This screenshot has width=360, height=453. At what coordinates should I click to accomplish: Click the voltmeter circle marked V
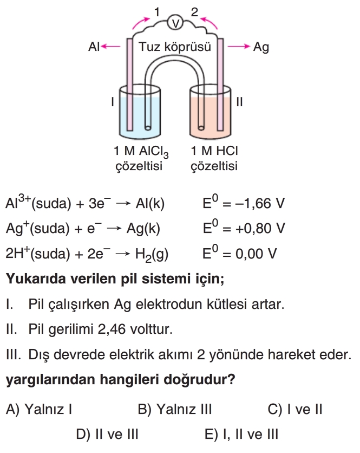coord(174,22)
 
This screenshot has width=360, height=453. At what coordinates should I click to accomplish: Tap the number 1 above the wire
coord(157,10)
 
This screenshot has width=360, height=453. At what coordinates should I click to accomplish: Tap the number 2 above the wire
coord(195,10)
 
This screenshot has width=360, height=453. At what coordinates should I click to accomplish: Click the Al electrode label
coord(94,47)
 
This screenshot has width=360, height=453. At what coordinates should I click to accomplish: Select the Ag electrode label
coord(261,47)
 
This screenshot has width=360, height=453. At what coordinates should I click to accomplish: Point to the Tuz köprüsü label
coord(174,47)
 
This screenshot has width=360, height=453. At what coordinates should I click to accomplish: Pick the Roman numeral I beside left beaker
coord(112,101)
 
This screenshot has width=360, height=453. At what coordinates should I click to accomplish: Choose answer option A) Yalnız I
coord(39,409)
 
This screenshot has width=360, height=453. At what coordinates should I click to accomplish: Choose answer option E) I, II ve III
coord(241,434)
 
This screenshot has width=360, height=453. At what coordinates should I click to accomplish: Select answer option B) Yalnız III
coord(174,409)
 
